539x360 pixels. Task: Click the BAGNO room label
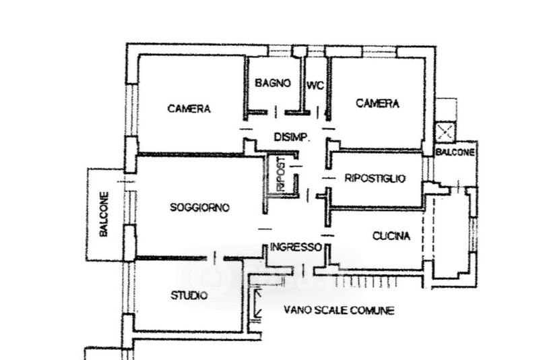tap(273, 84)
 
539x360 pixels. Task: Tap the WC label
tap(315, 86)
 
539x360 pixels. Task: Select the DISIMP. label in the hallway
tap(291, 137)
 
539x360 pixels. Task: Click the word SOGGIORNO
tap(199, 208)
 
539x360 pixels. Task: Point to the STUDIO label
tap(189, 295)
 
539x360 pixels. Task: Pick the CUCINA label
tap(391, 236)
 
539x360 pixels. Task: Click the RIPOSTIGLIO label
tap(375, 179)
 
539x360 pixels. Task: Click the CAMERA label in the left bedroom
tap(189, 109)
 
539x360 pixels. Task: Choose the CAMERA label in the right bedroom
tap(377, 104)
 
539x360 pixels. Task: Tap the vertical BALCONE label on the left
tap(104, 214)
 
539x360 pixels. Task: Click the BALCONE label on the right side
tap(455, 153)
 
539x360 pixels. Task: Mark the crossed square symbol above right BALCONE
tap(445, 131)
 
